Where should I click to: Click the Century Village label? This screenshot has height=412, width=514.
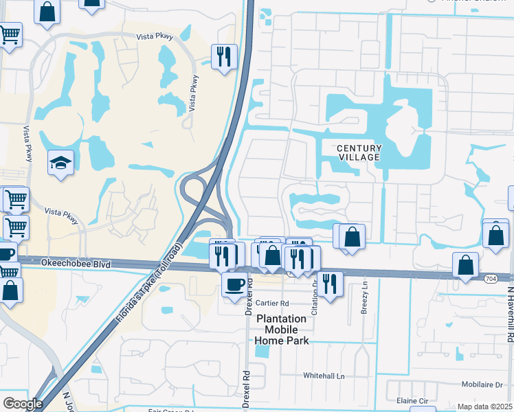click(x=358, y=152)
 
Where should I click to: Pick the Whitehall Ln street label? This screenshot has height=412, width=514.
click(x=327, y=376)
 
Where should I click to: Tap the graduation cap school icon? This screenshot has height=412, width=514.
click(x=60, y=163)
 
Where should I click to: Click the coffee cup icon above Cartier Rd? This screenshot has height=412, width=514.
click(x=234, y=283)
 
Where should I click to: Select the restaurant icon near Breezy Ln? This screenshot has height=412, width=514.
click(x=330, y=284)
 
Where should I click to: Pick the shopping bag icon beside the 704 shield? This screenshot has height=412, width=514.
click(x=465, y=265)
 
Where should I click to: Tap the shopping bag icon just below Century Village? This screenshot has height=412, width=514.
click(x=351, y=236)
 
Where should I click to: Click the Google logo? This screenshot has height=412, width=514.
click(x=23, y=404)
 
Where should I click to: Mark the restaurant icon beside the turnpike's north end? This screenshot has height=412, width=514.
click(x=223, y=57)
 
